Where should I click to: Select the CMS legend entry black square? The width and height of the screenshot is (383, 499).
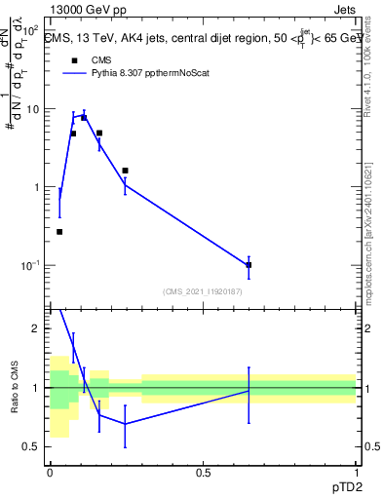(x=73, y=59)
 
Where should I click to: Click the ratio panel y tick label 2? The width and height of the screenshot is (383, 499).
(x=37, y=328)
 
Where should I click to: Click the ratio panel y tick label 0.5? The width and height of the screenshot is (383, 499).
(x=32, y=446)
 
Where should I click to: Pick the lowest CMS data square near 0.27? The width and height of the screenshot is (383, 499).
(x=59, y=232)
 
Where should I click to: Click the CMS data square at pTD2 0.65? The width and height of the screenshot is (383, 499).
(x=249, y=265)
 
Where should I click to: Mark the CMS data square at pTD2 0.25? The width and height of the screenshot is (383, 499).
(x=126, y=171)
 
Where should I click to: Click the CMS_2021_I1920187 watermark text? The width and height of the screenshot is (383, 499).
(x=203, y=291)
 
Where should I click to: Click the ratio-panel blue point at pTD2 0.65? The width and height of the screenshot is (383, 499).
(x=249, y=391)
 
